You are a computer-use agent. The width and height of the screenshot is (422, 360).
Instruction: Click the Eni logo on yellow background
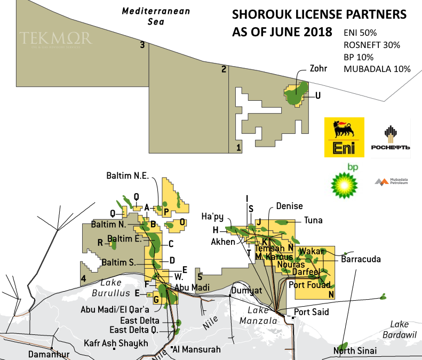pos(344,138)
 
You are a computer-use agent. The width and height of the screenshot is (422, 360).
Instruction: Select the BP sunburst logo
pos(344,181)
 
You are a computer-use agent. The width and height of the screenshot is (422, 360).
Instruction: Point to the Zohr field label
pos(317,68)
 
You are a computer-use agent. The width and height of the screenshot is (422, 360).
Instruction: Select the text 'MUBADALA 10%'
pos(377,69)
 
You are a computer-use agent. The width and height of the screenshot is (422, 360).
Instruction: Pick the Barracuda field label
pos(361,260)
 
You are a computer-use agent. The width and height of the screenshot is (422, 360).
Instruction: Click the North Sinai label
pos(355,350)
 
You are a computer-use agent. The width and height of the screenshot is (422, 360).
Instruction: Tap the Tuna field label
pos(313,220)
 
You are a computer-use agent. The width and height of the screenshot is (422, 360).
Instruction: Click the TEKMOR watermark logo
pos(55,38)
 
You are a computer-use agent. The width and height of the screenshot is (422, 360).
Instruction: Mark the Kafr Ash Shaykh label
pos(116,343)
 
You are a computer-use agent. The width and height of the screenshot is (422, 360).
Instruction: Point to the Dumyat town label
pos(246,291)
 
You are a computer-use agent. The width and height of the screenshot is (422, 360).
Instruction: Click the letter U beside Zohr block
pos(318,96)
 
